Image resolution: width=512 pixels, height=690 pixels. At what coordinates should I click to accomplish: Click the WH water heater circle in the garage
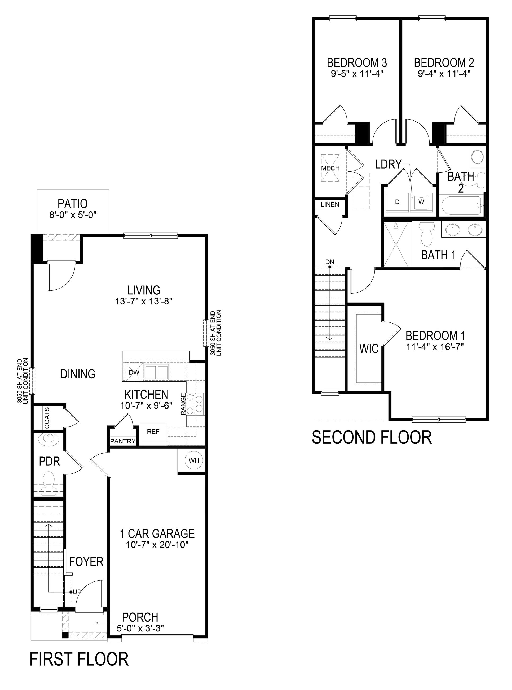tap(194, 460)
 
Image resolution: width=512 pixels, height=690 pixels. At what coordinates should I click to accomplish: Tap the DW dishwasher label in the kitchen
tap(134, 372)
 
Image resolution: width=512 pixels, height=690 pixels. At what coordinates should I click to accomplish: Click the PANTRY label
tap(123, 441)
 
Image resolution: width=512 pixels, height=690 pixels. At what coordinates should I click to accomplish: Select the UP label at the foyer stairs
tap(76, 592)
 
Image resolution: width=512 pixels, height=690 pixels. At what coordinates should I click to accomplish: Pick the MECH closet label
tap(330, 168)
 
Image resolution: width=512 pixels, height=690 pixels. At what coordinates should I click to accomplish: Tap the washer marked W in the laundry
tap(421, 201)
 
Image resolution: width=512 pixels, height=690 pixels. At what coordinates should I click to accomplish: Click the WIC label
tap(369, 349)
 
